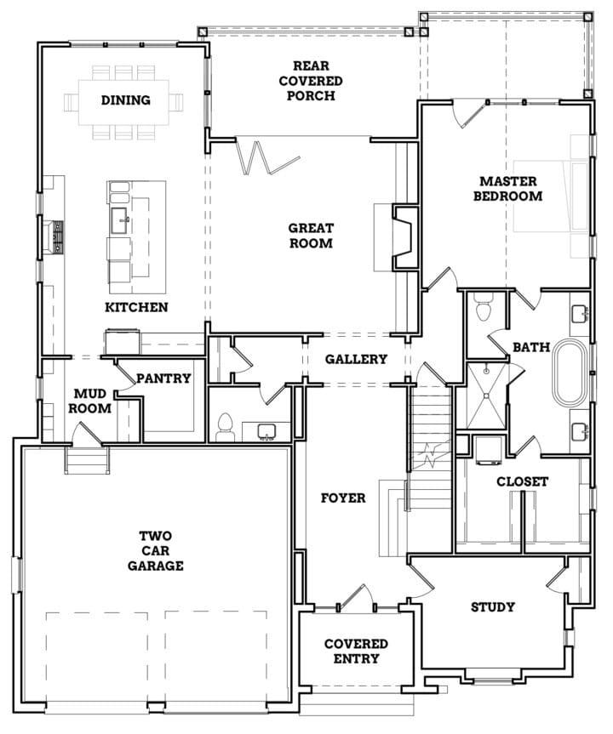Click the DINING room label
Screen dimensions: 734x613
point(126,100)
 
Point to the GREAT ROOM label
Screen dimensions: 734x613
point(310,236)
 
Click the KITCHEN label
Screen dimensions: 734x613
point(136,307)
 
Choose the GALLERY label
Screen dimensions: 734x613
point(356,359)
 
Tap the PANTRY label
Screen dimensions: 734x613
point(163,378)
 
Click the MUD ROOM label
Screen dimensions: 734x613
point(92,401)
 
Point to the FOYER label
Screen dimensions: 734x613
point(343,498)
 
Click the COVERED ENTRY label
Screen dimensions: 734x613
point(356,651)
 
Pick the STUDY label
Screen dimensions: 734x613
point(493,607)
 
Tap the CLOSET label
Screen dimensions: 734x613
point(523,481)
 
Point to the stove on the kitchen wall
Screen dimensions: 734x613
point(58,237)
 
